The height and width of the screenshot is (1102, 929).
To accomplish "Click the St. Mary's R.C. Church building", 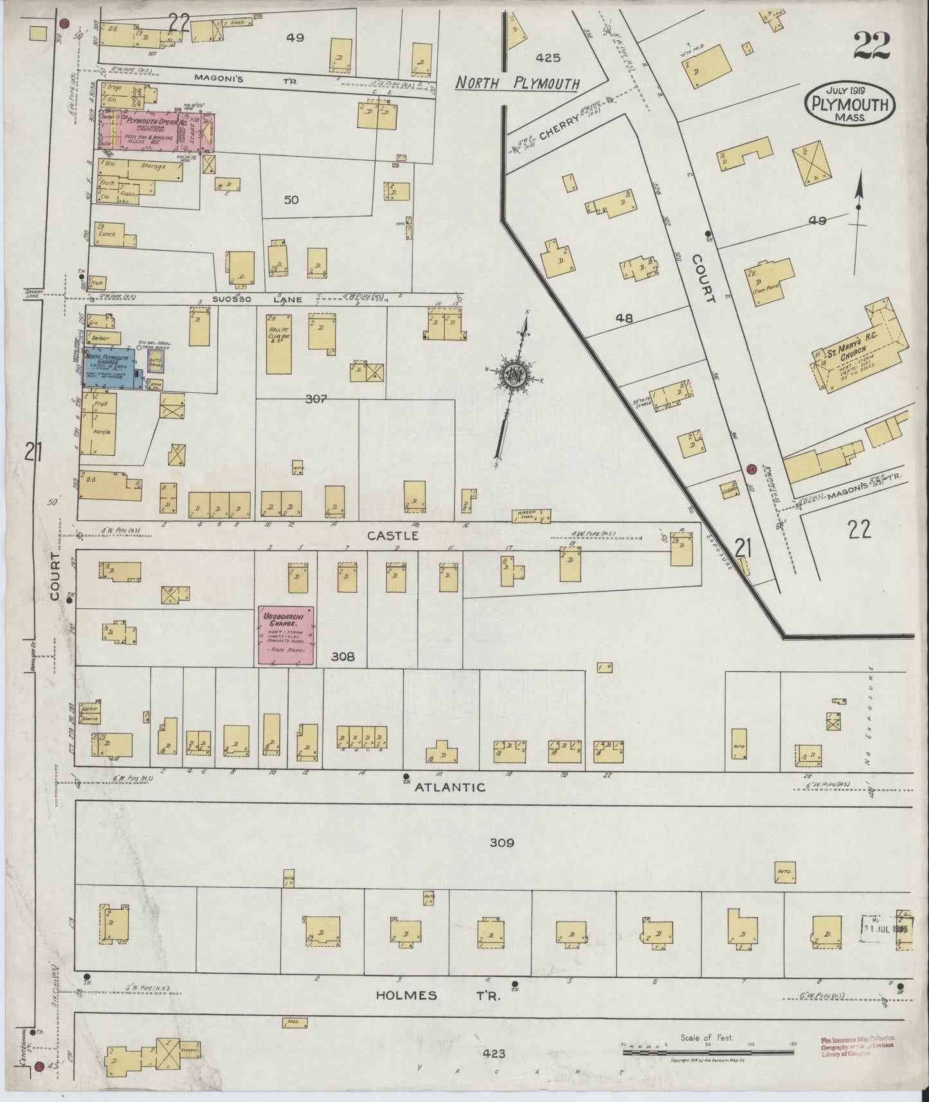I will click(861, 350).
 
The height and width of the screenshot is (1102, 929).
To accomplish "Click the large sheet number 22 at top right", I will click(871, 46).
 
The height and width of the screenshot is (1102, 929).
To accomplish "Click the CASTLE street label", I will click(384, 536).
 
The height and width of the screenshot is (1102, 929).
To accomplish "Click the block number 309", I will click(501, 842).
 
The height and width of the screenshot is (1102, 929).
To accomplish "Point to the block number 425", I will click(547, 58).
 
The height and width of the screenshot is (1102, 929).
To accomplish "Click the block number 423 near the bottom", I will click(492, 1053).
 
